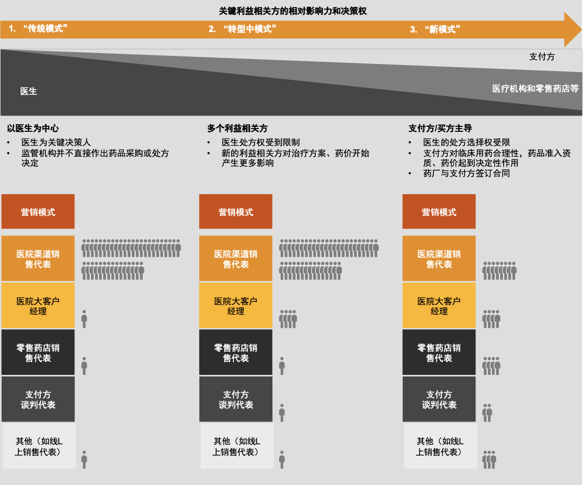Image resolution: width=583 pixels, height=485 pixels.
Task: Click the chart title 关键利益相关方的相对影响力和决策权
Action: (x=293, y=11)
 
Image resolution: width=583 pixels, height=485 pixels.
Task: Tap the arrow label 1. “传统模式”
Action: (x=38, y=29)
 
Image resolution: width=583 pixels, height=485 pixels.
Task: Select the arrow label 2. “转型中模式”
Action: (x=243, y=29)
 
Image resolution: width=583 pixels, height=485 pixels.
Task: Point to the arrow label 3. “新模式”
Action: (x=435, y=29)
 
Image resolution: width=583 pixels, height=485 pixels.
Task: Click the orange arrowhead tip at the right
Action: (x=581, y=29)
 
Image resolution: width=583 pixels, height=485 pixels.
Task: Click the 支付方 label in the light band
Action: (x=542, y=56)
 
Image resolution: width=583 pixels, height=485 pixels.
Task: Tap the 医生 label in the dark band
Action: (x=29, y=91)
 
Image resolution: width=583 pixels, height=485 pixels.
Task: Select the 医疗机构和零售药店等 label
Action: (x=535, y=88)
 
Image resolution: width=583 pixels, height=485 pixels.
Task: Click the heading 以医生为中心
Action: (x=33, y=128)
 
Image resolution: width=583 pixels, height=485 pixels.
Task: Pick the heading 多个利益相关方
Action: (x=237, y=128)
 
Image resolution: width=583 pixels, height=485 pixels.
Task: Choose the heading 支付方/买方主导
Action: (x=440, y=128)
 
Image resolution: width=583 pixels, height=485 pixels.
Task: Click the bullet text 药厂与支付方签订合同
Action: (x=466, y=173)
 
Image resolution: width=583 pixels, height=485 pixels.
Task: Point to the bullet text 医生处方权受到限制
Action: (x=261, y=142)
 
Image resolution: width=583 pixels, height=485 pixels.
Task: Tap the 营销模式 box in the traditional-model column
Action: (x=38, y=212)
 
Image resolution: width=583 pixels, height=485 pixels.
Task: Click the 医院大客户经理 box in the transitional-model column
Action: (x=236, y=305)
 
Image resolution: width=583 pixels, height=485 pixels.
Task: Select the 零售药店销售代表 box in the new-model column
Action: (x=439, y=352)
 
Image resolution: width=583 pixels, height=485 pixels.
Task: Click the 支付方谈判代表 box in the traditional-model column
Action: (x=38, y=399)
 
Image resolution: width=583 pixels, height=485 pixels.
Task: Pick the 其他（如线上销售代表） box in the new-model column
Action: (x=440, y=445)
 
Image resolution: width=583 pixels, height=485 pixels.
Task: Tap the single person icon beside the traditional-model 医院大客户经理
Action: (x=84, y=319)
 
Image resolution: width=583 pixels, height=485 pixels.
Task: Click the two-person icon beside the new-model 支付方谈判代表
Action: (x=487, y=413)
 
